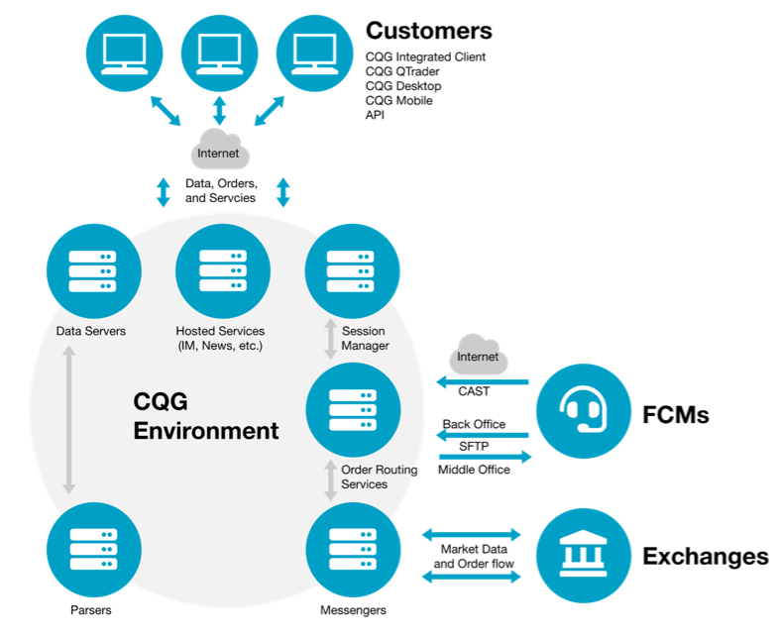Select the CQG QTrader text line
click(x=402, y=71)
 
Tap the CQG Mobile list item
click(x=398, y=100)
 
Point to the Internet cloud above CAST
click(x=478, y=354)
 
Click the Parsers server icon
click(x=91, y=550)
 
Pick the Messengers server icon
click(x=353, y=550)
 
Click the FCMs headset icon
click(x=584, y=410)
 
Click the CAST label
click(x=474, y=391)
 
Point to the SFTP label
click(x=475, y=447)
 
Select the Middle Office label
click(x=475, y=469)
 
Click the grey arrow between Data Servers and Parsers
click(x=68, y=419)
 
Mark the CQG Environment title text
click(x=205, y=416)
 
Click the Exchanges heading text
click(x=705, y=557)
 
